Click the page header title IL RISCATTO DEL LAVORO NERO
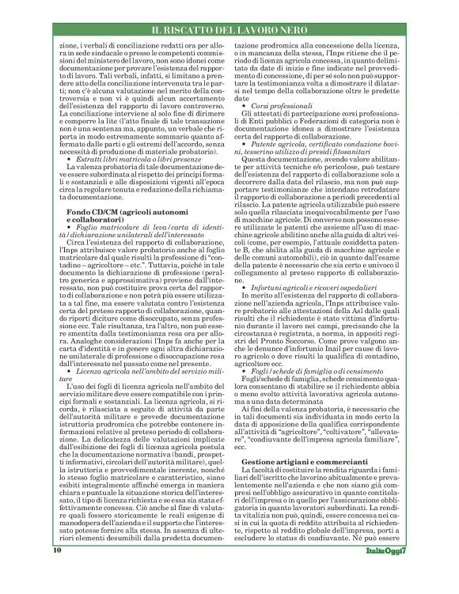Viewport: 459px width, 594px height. coord(229,29)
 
